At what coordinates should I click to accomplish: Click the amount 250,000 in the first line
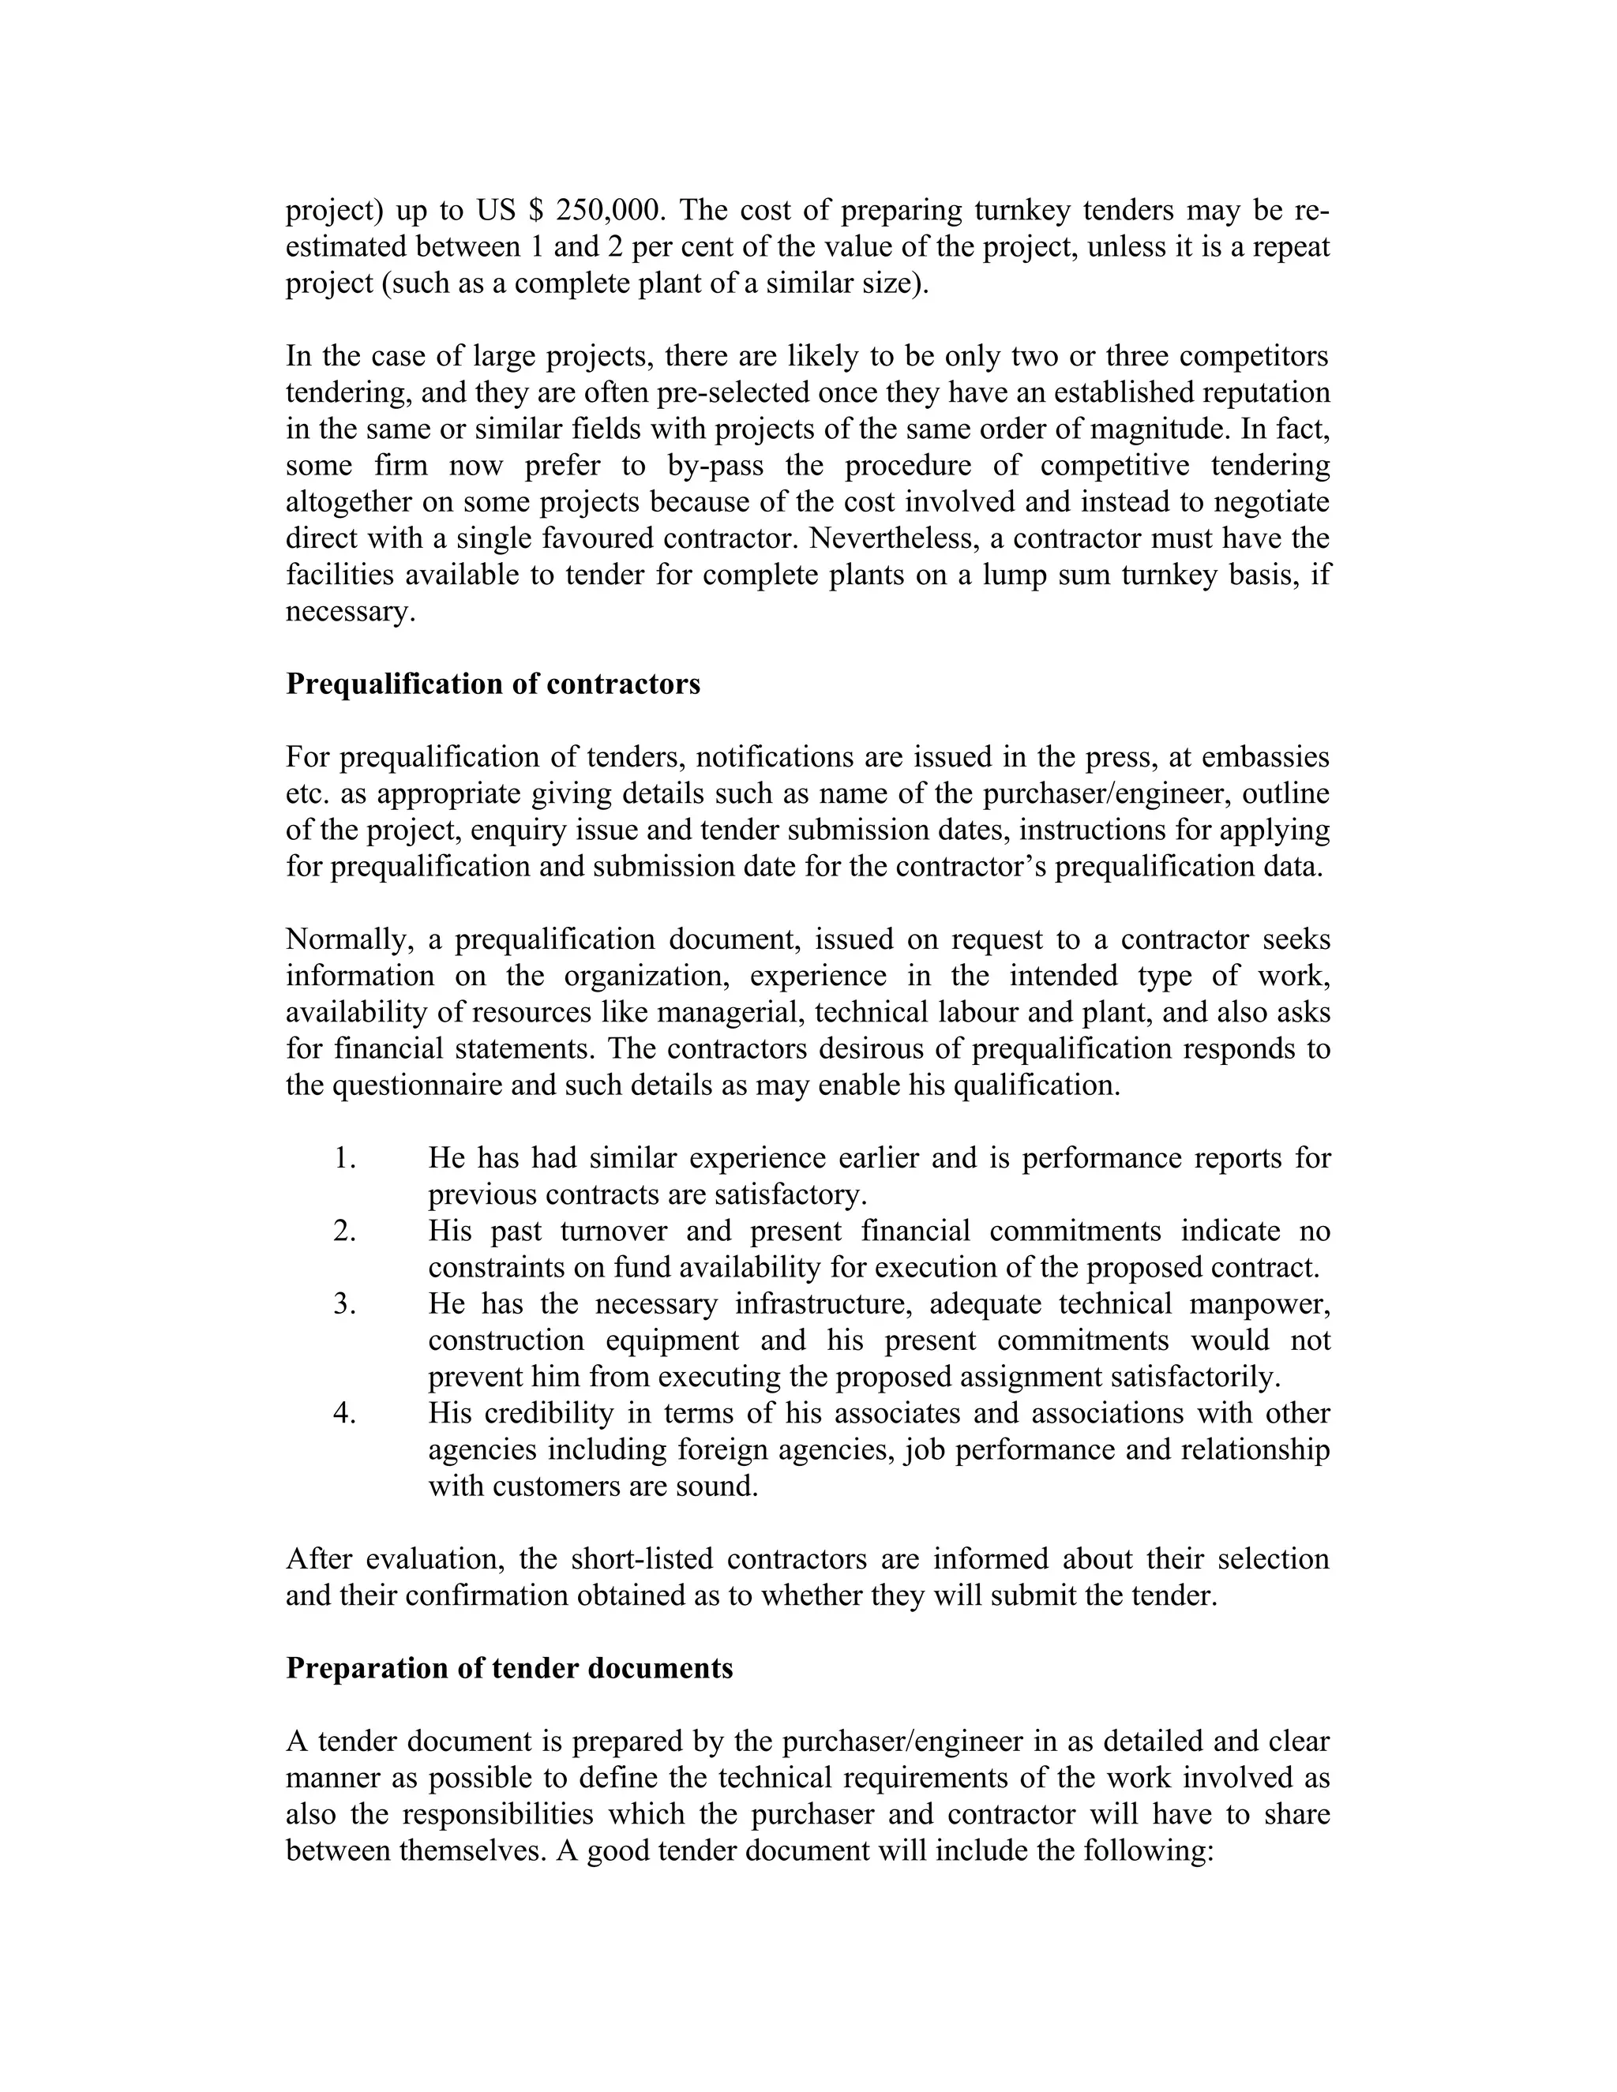[x=610, y=210]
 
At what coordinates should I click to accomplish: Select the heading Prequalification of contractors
[x=493, y=684]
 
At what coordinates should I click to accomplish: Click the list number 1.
[x=345, y=1158]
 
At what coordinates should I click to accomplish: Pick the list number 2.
[x=345, y=1231]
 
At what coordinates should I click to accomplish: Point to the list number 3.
[x=345, y=1303]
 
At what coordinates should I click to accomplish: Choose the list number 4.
[x=345, y=1413]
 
